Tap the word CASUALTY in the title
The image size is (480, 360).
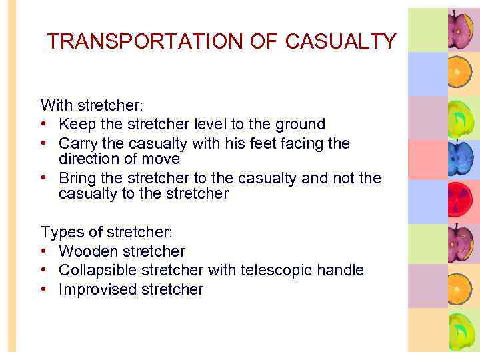pyautogui.click(x=340, y=42)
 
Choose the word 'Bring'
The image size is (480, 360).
pyautogui.click(x=76, y=178)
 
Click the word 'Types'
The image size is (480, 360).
pyautogui.click(x=59, y=232)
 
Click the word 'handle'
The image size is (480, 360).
pyautogui.click(x=340, y=270)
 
